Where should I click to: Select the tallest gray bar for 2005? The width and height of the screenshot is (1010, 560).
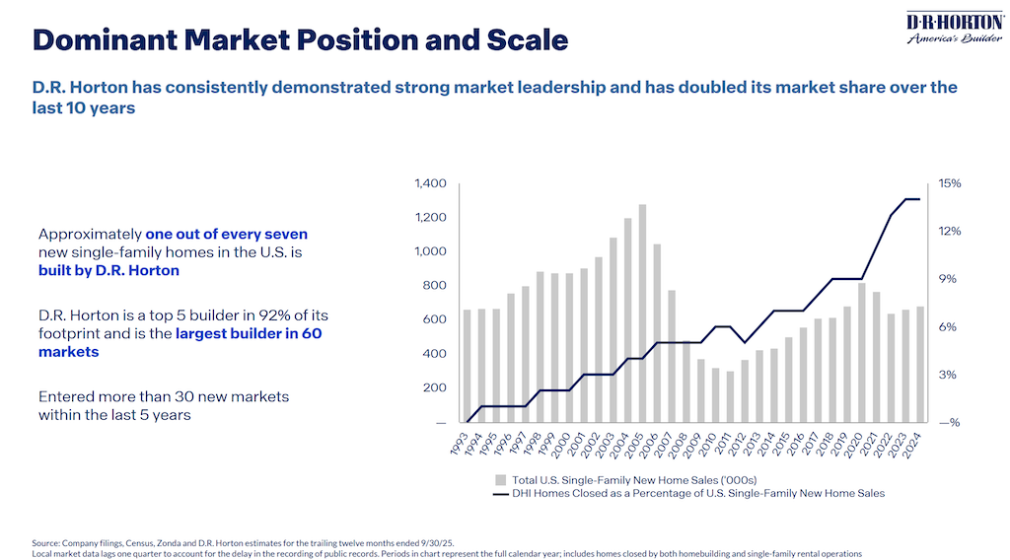(642, 314)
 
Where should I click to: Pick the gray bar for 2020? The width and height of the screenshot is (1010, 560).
(861, 353)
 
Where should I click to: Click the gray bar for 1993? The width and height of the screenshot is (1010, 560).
(468, 366)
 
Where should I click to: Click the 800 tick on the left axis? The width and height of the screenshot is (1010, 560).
(435, 286)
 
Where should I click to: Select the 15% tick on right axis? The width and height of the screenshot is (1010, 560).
(950, 183)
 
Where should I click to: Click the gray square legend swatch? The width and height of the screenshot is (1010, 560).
(500, 478)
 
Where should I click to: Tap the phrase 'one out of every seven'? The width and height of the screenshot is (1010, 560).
(227, 235)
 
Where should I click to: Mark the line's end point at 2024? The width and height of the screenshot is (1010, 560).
(919, 199)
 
